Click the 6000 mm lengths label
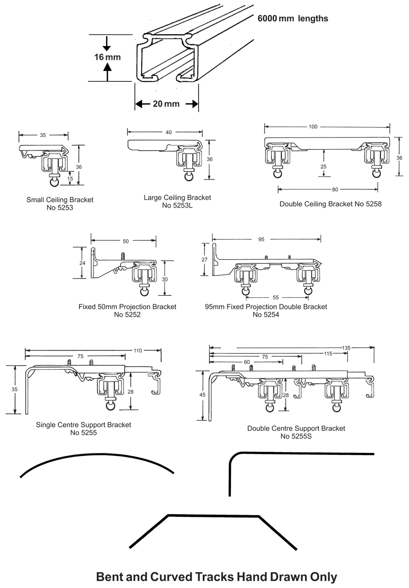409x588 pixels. click(x=293, y=19)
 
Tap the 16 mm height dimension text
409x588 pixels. click(x=108, y=57)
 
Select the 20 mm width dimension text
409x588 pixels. click(x=166, y=104)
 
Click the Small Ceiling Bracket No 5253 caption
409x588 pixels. click(x=60, y=204)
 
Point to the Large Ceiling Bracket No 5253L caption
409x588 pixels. click(x=177, y=201)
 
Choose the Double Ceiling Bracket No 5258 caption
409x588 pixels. click(x=330, y=204)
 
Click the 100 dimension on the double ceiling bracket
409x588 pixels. click(x=313, y=127)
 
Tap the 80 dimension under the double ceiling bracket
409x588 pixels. click(x=335, y=189)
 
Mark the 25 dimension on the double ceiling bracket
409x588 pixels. click(x=323, y=166)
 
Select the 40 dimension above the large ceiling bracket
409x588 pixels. click(x=168, y=132)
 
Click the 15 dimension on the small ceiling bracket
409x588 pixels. click(x=69, y=179)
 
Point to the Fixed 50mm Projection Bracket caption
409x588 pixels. click(x=127, y=311)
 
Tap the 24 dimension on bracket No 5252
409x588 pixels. click(x=82, y=263)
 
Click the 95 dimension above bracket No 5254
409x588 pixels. click(x=261, y=239)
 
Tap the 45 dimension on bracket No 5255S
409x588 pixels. click(x=202, y=395)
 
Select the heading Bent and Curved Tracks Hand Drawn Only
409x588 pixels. click(x=216, y=577)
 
